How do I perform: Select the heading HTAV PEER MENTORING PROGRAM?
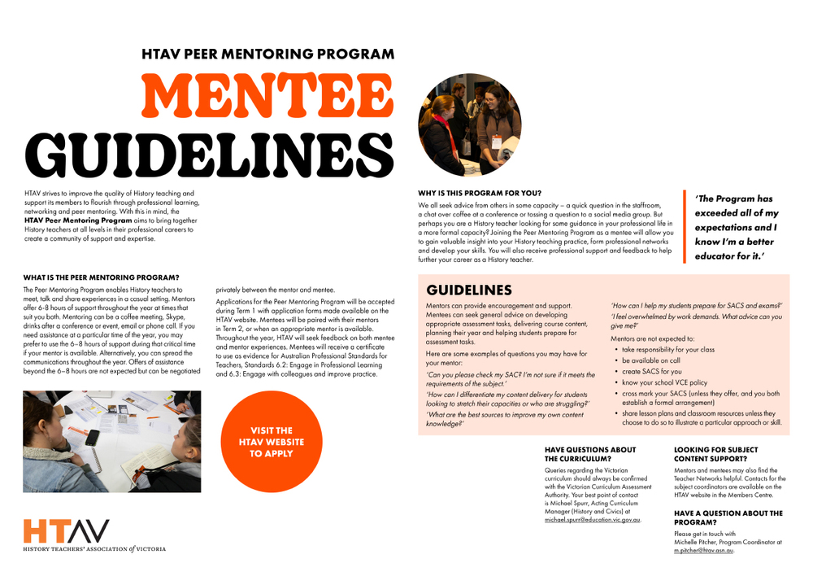(267, 55)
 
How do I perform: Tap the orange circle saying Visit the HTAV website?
(272, 442)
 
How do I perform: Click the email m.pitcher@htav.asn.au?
(703, 550)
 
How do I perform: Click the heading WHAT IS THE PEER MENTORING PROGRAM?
(101, 277)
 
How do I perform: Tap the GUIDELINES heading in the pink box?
(469, 290)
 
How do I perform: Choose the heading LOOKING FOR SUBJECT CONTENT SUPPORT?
(716, 454)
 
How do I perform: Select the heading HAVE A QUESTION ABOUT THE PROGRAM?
(728, 517)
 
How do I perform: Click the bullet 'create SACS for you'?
(652, 371)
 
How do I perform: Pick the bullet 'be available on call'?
(651, 360)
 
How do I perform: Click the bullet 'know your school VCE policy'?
(664, 382)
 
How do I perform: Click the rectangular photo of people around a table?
(111, 442)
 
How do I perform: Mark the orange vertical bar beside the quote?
(685, 227)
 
